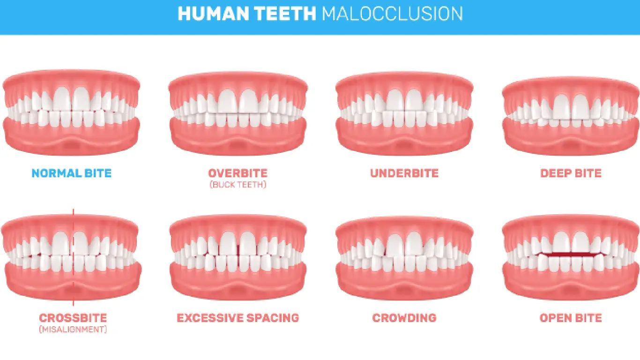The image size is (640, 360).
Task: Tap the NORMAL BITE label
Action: pyautogui.click(x=72, y=173)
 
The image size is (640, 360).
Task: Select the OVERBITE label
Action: pyautogui.click(x=238, y=173)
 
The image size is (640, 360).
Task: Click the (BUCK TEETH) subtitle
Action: pyautogui.click(x=238, y=185)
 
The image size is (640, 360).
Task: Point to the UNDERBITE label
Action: pyautogui.click(x=404, y=173)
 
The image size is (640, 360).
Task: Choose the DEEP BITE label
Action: pyautogui.click(x=571, y=173)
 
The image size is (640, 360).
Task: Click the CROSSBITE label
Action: pyautogui.click(x=73, y=318)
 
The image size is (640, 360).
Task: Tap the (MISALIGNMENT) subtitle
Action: pyautogui.click(x=73, y=330)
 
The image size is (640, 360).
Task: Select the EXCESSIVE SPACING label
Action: pyautogui.click(x=238, y=318)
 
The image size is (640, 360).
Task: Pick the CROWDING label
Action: pyautogui.click(x=404, y=318)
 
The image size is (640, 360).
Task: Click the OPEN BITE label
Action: pyautogui.click(x=571, y=318)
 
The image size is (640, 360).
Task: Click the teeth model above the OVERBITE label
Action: pyautogui.click(x=238, y=115)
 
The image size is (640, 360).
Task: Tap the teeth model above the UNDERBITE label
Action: pyautogui.click(x=404, y=115)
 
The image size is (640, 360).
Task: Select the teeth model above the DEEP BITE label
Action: pyautogui.click(x=571, y=115)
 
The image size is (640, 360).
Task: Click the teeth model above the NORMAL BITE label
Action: pyautogui.click(x=71, y=115)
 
